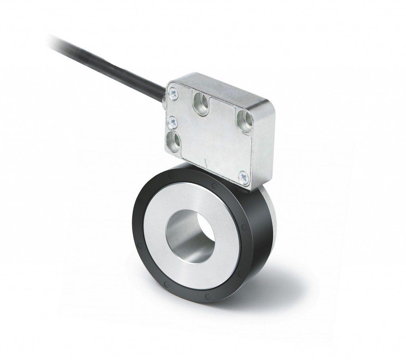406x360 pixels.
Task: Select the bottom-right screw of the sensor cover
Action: (x=244, y=174)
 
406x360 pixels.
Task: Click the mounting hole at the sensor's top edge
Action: (x=201, y=103)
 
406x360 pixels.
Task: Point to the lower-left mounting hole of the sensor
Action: (x=174, y=139)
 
